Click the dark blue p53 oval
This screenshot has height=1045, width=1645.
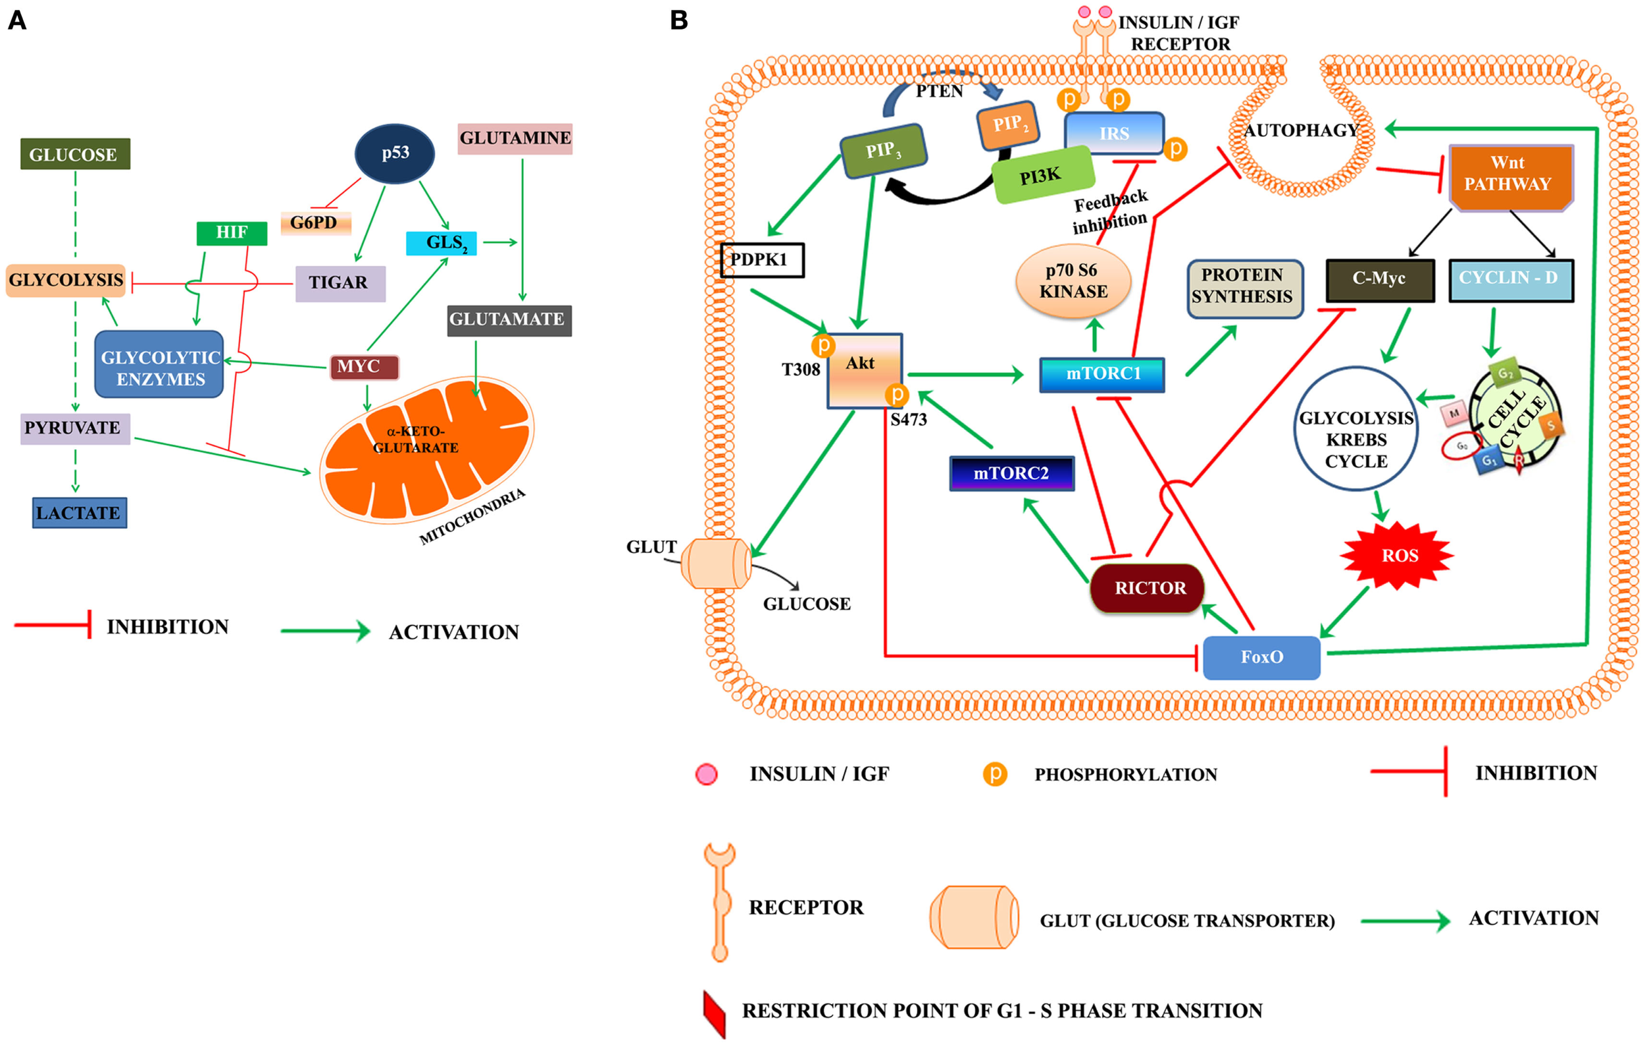(x=395, y=153)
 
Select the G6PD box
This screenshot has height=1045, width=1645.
(x=316, y=223)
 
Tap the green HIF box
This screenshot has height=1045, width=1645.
(x=232, y=232)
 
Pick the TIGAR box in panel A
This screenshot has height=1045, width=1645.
(x=340, y=283)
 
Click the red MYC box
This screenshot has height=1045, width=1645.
(x=364, y=367)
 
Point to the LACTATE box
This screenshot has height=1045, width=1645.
(x=79, y=512)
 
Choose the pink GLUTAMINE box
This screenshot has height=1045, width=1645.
(x=515, y=138)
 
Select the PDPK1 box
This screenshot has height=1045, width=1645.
(x=762, y=259)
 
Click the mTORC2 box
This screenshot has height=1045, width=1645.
(x=1012, y=473)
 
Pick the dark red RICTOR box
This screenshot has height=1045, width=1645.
(x=1148, y=588)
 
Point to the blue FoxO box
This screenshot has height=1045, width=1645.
(x=1261, y=656)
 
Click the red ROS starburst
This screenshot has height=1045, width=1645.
(x=1398, y=555)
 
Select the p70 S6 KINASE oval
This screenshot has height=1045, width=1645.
(x=1073, y=281)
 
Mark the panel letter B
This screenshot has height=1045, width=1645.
(x=679, y=20)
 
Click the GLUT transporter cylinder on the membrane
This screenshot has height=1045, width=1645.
(x=716, y=563)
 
